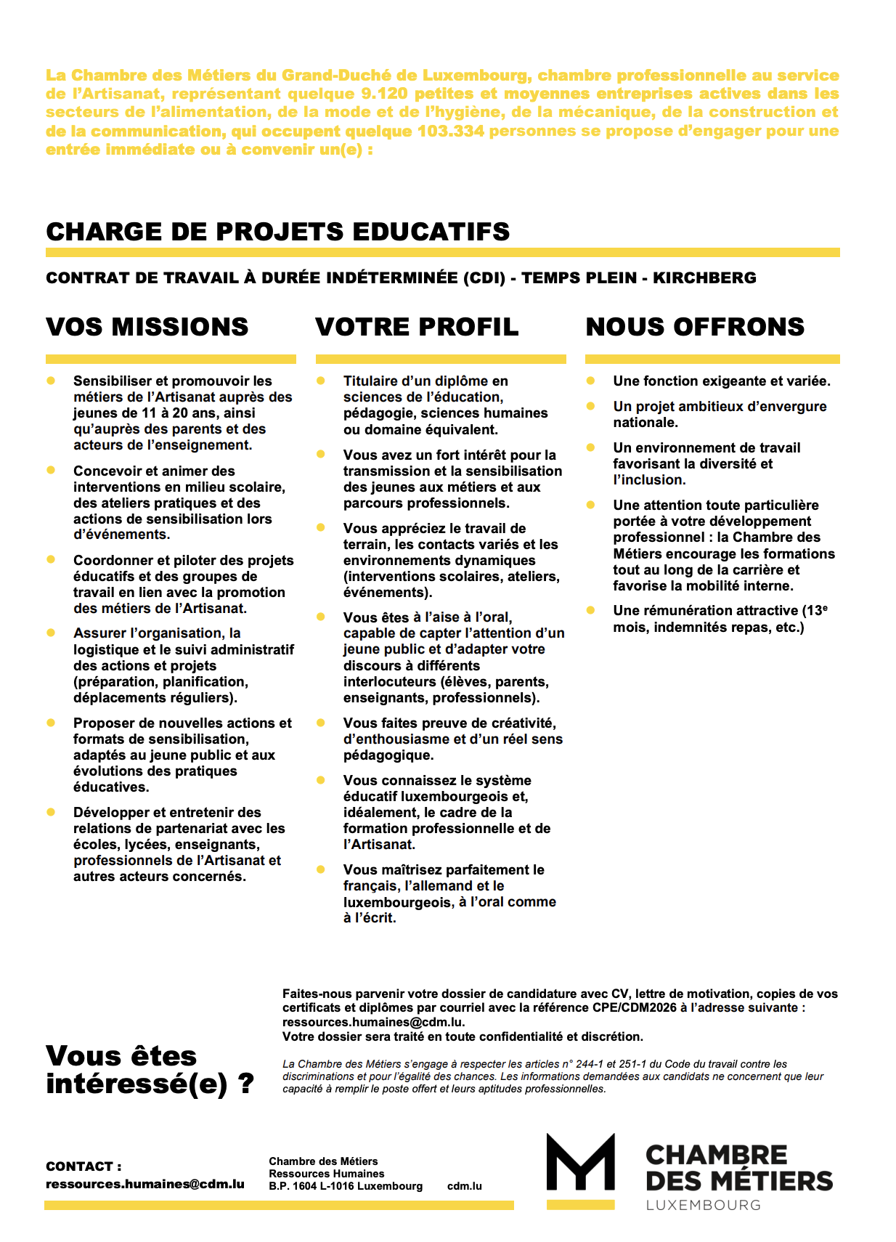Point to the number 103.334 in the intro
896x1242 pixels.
click(450, 131)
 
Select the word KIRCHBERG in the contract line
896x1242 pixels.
click(704, 277)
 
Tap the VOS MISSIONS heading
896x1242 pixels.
click(147, 327)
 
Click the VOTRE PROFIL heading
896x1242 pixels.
click(417, 327)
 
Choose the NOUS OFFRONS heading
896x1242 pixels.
click(695, 327)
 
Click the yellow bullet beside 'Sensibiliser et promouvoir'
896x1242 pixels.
click(51, 381)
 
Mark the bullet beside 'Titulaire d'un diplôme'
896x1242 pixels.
click(321, 381)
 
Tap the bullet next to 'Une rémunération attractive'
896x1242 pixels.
click(591, 610)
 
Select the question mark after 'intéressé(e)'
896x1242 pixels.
click(246, 1084)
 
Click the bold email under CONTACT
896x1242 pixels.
click(145, 1184)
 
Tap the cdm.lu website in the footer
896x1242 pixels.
click(465, 1186)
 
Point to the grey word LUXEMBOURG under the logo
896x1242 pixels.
click(703, 1205)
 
